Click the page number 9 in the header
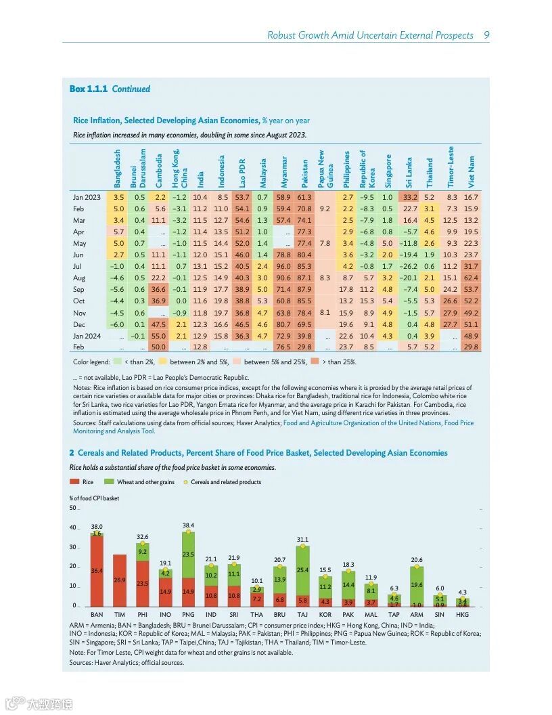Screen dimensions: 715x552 486,35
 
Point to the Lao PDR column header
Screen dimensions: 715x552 242,173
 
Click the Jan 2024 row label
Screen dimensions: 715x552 86,336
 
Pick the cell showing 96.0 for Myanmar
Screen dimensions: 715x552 283,266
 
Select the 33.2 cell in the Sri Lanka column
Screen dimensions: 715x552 410,197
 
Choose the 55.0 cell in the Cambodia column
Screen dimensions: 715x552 158,336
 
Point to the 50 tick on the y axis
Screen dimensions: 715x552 73,508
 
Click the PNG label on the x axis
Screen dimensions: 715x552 188,614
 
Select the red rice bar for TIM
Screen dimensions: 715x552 120,580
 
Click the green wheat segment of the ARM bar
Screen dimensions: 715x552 417,585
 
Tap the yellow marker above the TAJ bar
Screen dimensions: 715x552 302,546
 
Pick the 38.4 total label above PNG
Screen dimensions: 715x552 188,525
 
